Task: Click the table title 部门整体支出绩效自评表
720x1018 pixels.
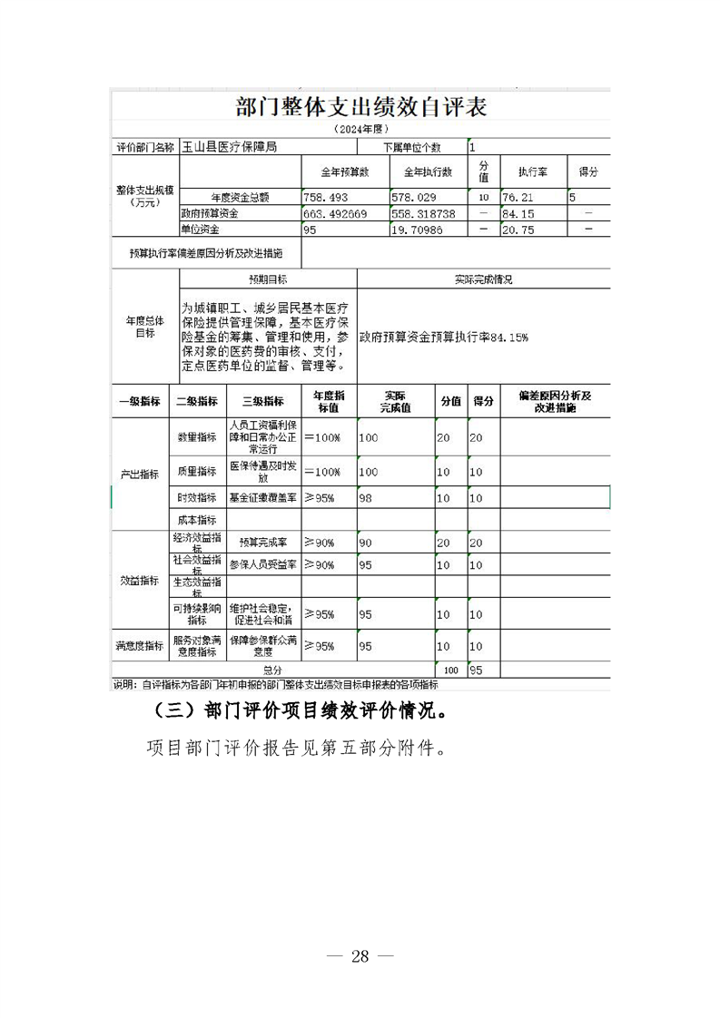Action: pos(360,107)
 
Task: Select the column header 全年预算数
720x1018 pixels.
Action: pos(345,172)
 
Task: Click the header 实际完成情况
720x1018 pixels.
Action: pos(483,280)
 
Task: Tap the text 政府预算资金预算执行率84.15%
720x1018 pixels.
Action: pos(444,337)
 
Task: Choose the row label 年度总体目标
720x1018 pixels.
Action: pos(145,327)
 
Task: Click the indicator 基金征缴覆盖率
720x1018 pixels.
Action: pos(262,498)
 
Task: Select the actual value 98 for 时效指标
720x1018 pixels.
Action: pos(368,498)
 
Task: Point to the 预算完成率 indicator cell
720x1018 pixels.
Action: pos(262,543)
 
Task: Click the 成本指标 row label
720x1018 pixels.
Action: pos(197,520)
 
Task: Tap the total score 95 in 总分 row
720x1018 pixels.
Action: pos(476,671)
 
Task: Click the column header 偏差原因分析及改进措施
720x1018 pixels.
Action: pos(554,402)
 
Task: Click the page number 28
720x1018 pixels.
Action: pos(360,955)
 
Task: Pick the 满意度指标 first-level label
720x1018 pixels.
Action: pos(140,646)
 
